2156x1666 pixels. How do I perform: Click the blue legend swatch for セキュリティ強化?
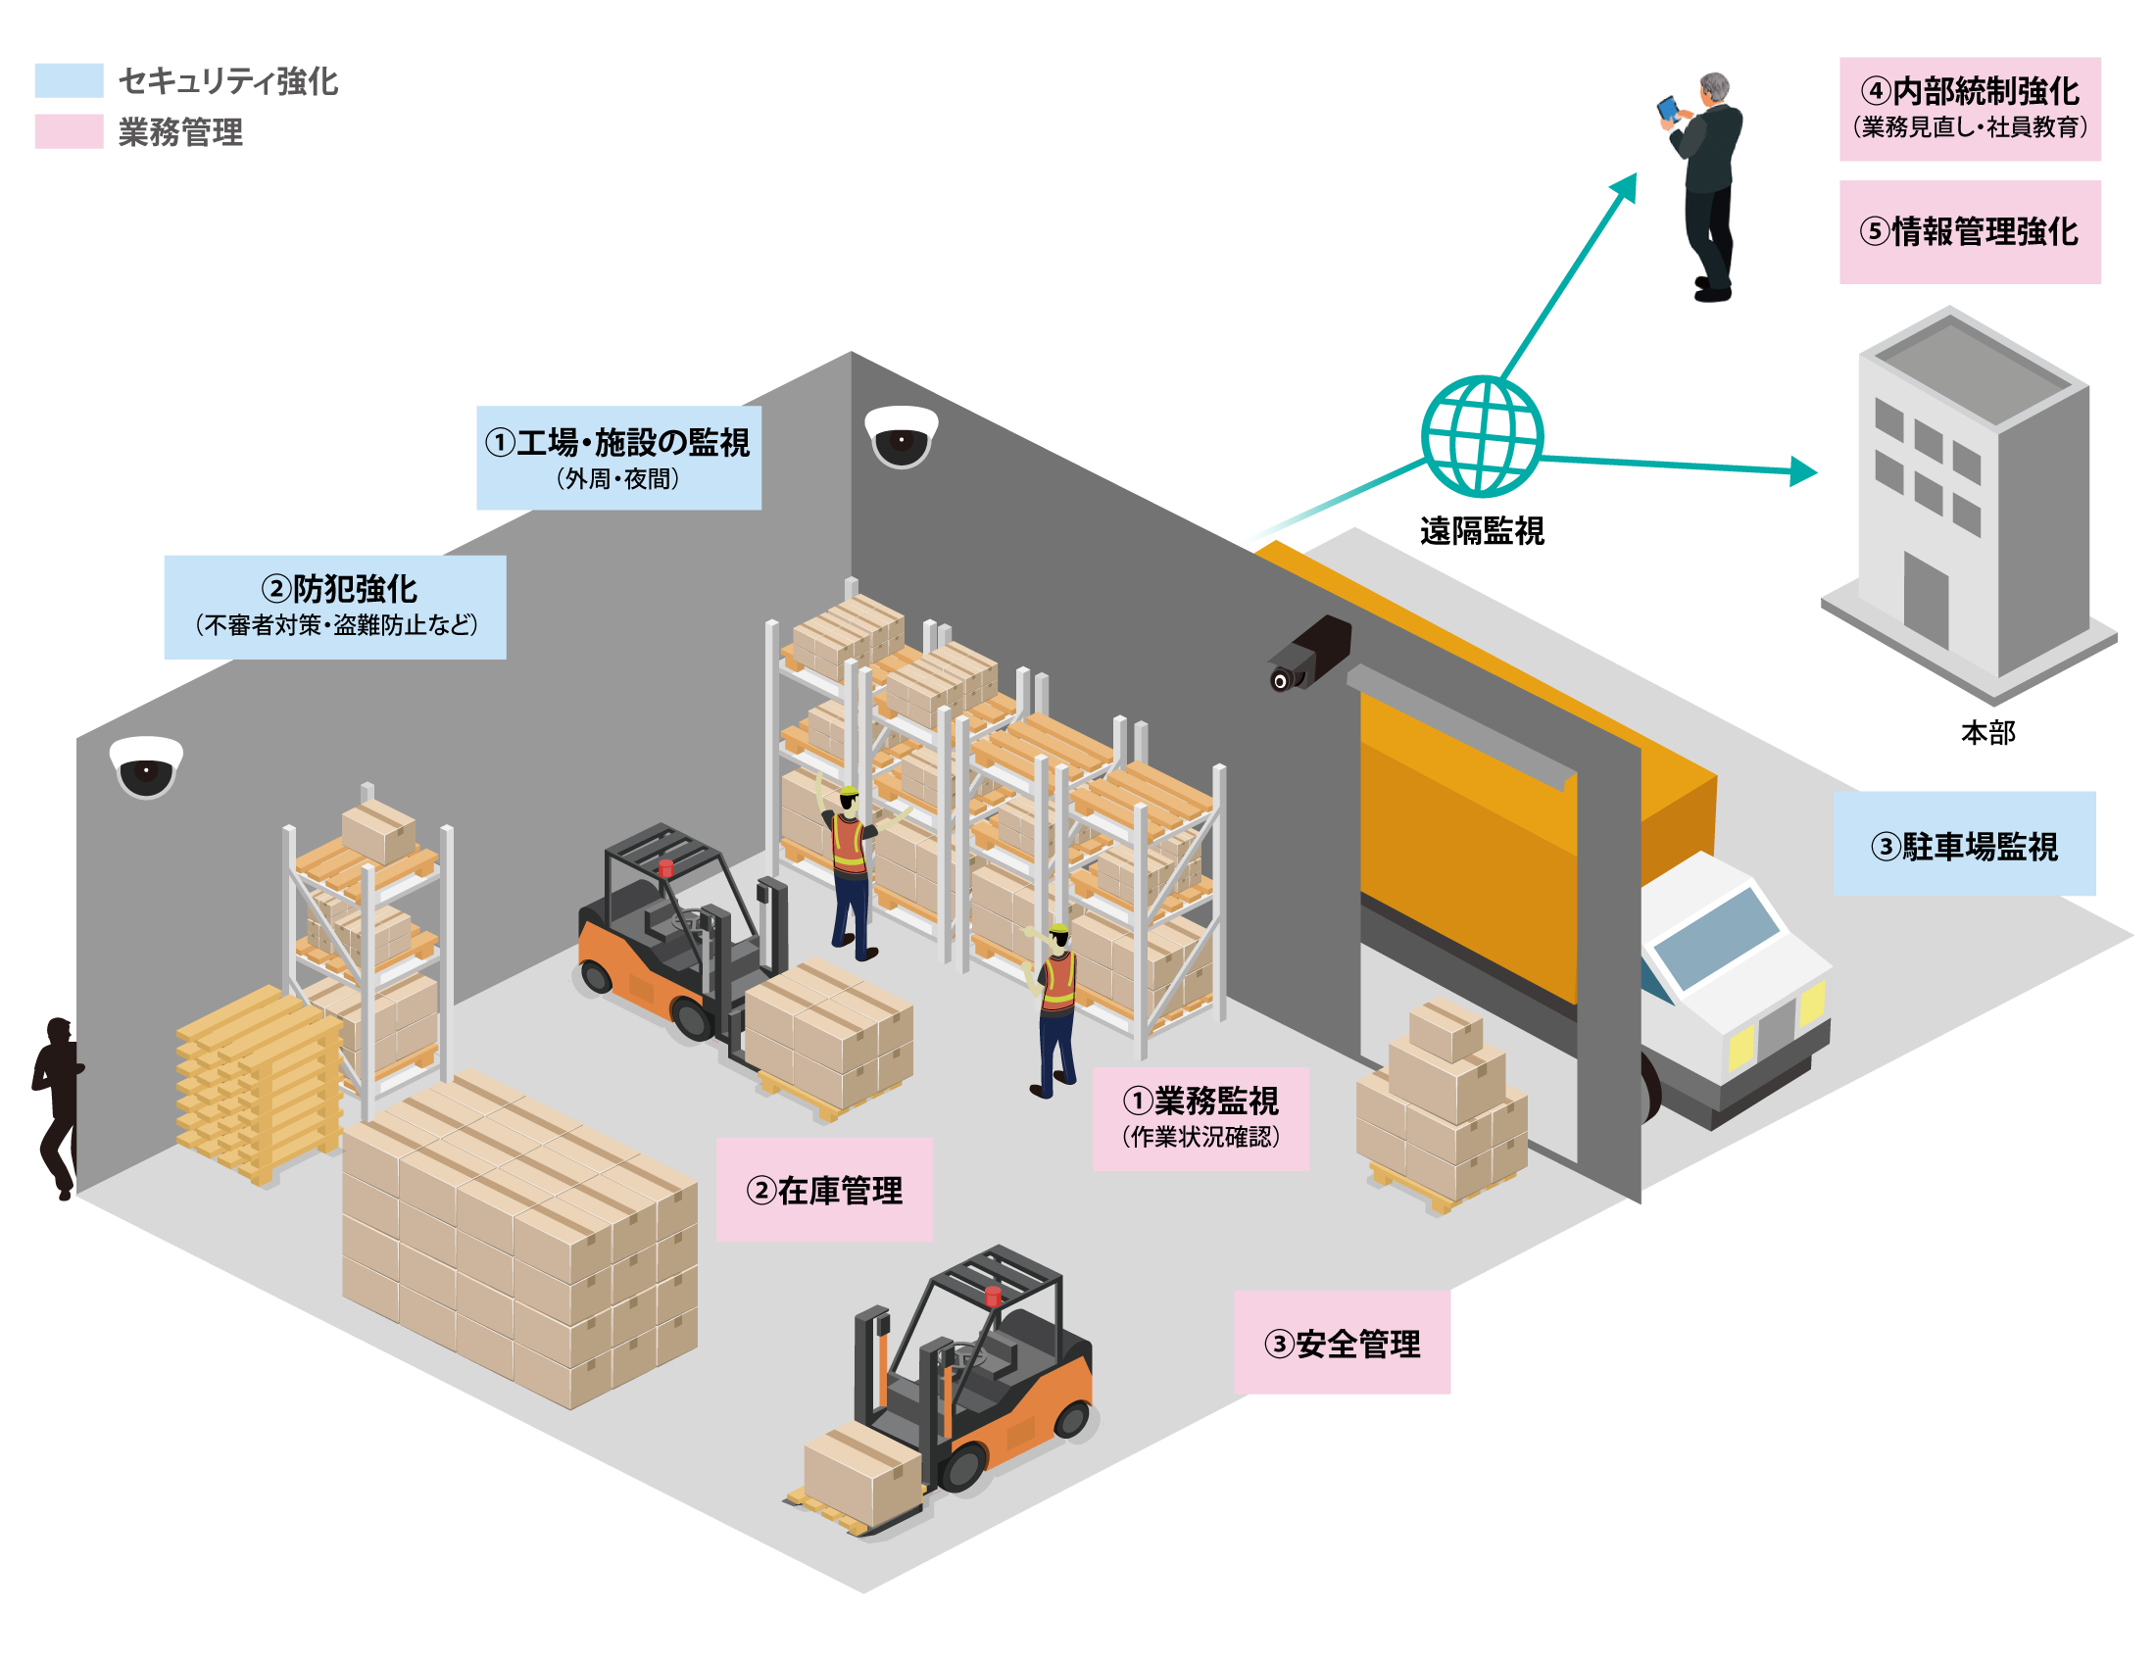(x=70, y=80)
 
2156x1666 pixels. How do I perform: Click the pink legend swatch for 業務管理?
(x=70, y=131)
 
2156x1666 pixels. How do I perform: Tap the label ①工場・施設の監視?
(x=618, y=443)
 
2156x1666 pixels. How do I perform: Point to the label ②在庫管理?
(x=824, y=1191)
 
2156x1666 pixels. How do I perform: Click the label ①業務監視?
(x=1200, y=1101)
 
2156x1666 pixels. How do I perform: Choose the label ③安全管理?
(x=1343, y=1344)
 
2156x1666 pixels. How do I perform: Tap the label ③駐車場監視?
(x=1965, y=847)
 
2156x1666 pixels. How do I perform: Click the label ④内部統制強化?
(x=1971, y=91)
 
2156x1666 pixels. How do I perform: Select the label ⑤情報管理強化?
(x=1970, y=232)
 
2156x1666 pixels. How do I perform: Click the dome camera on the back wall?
(x=902, y=435)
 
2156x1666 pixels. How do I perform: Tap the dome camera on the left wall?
(x=146, y=766)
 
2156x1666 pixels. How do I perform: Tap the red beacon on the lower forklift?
(x=993, y=1295)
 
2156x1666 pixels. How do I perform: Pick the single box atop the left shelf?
(x=378, y=829)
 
